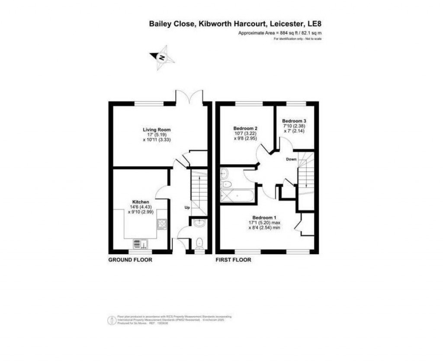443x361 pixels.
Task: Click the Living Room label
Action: [157, 129]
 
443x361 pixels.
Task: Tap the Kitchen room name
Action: [141, 202]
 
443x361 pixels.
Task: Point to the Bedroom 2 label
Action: [245, 128]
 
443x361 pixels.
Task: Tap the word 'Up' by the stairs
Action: [187, 208]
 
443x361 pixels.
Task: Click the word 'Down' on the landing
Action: [291, 159]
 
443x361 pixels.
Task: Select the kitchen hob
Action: [162, 224]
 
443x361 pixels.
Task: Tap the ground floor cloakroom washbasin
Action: [199, 224]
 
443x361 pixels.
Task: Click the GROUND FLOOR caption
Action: [130, 260]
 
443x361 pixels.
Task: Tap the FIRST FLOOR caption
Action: [233, 260]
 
